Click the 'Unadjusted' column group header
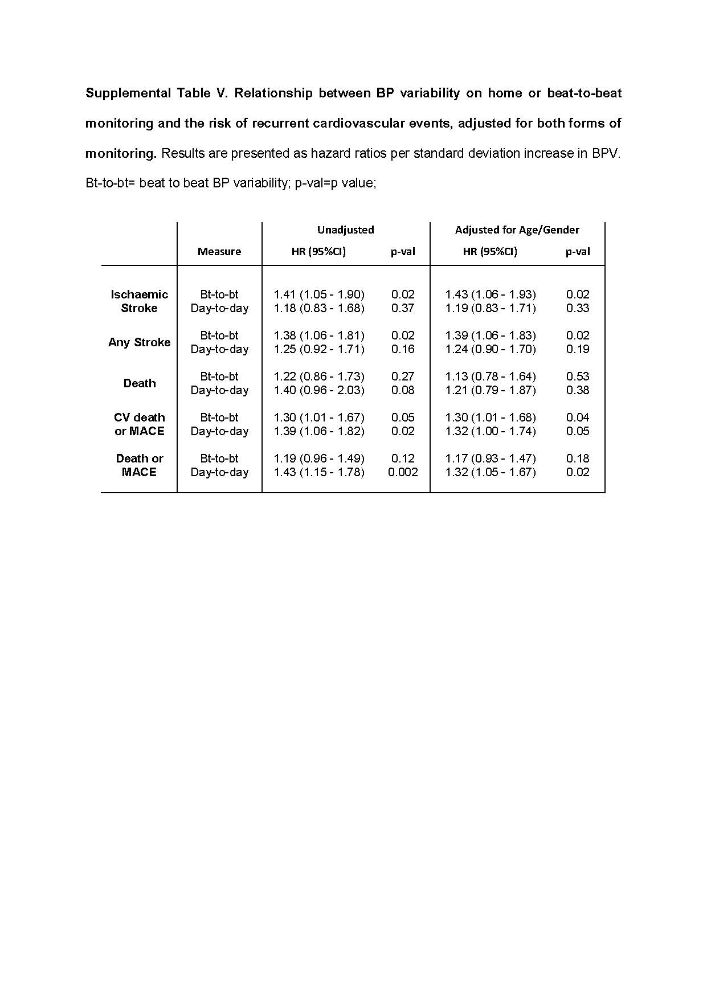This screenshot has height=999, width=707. (345, 230)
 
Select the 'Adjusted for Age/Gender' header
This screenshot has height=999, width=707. (517, 230)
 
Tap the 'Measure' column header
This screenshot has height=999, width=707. (219, 252)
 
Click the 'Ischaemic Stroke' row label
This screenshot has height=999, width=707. (140, 301)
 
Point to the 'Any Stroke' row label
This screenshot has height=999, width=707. (140, 342)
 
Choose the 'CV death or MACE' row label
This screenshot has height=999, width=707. (140, 424)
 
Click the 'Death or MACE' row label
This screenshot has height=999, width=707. (140, 465)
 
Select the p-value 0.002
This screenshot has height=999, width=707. (403, 472)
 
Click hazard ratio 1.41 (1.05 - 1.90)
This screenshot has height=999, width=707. (319, 294)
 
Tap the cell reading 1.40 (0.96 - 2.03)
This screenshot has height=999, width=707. (319, 390)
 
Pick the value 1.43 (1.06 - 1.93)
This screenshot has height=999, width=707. (491, 294)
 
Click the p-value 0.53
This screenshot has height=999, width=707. (578, 376)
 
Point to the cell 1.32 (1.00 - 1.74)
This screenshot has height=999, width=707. (491, 431)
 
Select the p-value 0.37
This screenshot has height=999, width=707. (403, 308)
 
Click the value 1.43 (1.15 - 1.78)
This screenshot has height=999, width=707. (319, 472)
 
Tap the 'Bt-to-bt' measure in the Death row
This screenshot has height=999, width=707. (219, 376)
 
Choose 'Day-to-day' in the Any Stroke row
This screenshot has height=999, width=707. (219, 349)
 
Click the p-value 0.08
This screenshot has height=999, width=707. (403, 390)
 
